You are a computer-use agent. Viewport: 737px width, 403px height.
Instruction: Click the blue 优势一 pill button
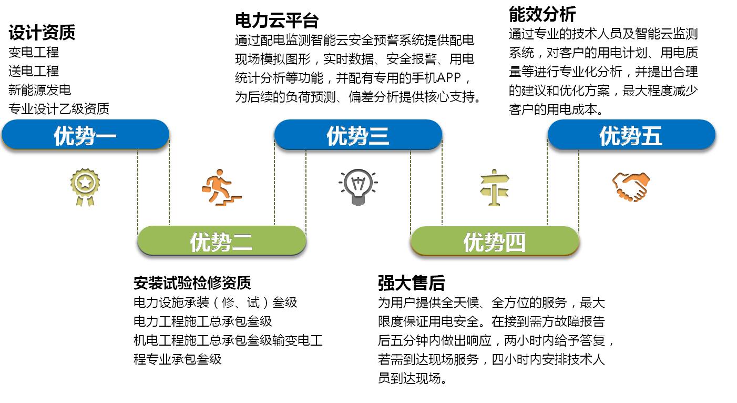(x=85, y=135)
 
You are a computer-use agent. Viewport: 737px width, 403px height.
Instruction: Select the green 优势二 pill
(x=221, y=241)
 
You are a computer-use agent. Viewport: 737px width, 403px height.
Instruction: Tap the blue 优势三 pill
(x=358, y=135)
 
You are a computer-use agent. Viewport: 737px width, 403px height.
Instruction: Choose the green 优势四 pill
(x=495, y=241)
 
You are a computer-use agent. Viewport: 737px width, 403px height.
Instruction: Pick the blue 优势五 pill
(x=631, y=135)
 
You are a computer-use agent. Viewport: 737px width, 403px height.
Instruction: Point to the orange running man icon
(x=221, y=188)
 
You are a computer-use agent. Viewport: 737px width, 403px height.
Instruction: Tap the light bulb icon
(x=358, y=187)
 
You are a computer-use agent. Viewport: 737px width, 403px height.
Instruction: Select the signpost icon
(x=495, y=188)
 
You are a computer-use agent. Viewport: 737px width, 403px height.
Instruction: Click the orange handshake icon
(x=631, y=187)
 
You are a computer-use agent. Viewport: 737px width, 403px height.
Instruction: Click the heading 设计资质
(x=42, y=32)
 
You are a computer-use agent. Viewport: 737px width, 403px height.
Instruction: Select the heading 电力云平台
(x=277, y=21)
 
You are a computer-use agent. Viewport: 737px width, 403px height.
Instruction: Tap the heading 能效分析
(x=542, y=14)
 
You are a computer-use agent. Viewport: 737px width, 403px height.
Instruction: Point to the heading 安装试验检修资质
(x=192, y=283)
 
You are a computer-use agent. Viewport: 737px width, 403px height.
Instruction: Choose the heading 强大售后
(x=411, y=283)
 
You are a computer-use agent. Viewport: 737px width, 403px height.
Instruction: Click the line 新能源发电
(x=39, y=90)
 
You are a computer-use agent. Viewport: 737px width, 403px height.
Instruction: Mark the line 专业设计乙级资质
(x=58, y=109)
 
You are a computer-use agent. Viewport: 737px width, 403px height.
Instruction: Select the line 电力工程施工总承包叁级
(x=203, y=321)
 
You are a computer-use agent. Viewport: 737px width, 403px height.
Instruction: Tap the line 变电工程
(x=33, y=52)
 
